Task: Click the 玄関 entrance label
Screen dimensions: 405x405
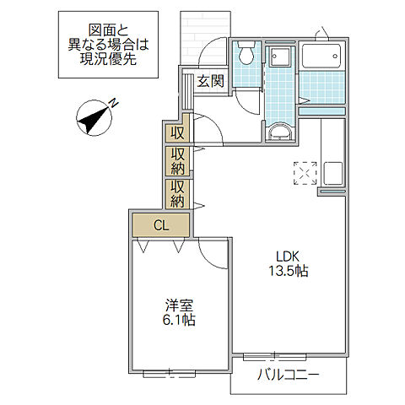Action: pos(211,82)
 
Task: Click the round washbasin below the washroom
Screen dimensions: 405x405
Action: pos(279,132)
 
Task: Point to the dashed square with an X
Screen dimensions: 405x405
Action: pos(303,172)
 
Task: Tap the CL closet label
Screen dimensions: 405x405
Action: pos(160,224)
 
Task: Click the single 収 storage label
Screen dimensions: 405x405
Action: pos(177,133)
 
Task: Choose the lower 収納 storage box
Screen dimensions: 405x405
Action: pos(177,194)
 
